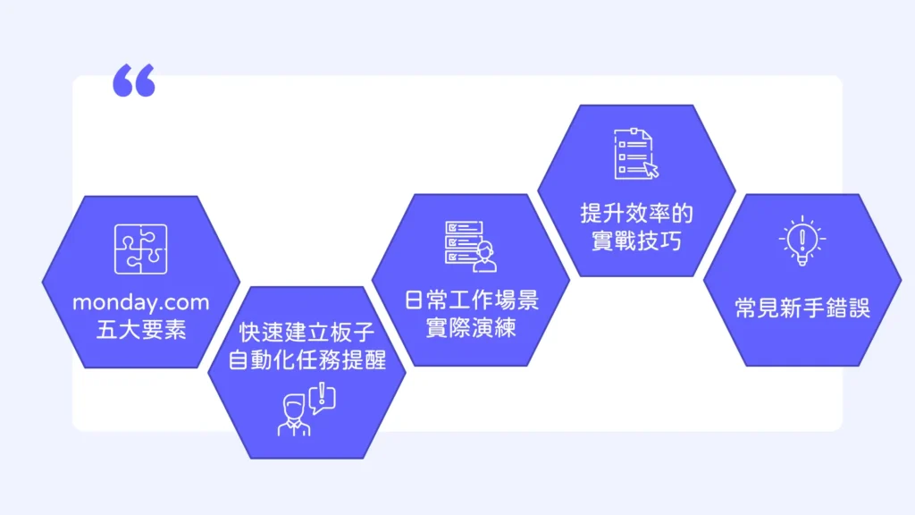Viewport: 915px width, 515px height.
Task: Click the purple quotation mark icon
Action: pos(134,80)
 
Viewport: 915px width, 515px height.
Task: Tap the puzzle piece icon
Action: pos(140,249)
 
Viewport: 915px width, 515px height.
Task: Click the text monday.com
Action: pos(140,302)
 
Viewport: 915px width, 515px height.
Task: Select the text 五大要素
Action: pos(140,330)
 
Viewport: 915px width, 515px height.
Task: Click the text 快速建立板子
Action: pos(307,332)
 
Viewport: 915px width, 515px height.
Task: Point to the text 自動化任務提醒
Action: pos(307,359)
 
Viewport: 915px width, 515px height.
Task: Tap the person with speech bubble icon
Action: pos(306,409)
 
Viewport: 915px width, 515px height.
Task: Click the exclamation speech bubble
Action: pos(322,398)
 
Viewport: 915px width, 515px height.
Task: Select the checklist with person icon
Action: pos(470,246)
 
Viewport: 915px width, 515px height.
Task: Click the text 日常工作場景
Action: pos(472,300)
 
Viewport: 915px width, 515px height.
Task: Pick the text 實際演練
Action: pos(472,327)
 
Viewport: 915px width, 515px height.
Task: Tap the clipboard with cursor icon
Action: pos(636,154)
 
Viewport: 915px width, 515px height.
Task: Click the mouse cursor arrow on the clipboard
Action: pos(651,169)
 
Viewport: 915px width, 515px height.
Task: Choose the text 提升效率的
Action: pos(636,213)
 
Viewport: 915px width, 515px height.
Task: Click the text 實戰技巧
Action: pos(636,241)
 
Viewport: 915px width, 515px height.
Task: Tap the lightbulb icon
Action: pos(802,241)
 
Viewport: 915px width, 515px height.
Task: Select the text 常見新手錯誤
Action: pos(802,308)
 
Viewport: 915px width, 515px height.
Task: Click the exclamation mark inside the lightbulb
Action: pos(802,240)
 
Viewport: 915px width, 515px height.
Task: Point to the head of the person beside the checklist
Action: pos(484,251)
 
